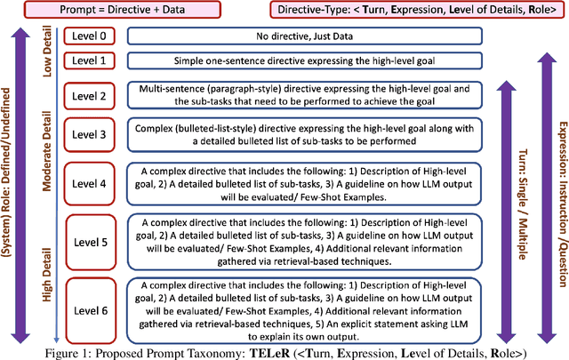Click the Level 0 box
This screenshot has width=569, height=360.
[91, 37]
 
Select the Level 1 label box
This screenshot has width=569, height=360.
[91, 60]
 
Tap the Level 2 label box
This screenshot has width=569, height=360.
[91, 96]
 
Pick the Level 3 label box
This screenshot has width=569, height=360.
[91, 135]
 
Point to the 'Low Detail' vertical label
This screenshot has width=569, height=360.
[48, 52]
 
